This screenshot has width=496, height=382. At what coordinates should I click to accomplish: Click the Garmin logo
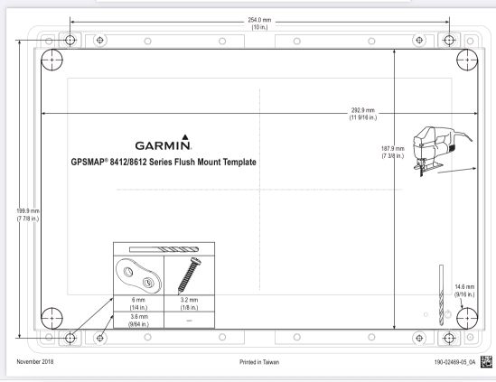[x=163, y=143]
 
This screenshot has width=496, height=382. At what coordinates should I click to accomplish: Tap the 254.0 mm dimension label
[x=259, y=23]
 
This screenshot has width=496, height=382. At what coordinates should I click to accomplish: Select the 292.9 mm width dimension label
[x=363, y=114]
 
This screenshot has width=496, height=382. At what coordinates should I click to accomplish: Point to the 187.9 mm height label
[x=393, y=152]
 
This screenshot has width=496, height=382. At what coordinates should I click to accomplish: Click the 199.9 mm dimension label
[x=28, y=215]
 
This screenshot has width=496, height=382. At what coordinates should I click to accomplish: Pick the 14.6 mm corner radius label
[x=464, y=291]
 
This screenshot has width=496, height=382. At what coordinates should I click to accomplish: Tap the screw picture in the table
[x=189, y=275]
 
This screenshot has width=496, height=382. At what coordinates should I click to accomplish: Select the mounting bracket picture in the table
[x=138, y=275]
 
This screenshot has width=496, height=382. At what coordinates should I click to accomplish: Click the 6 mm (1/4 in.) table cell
[x=138, y=303]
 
